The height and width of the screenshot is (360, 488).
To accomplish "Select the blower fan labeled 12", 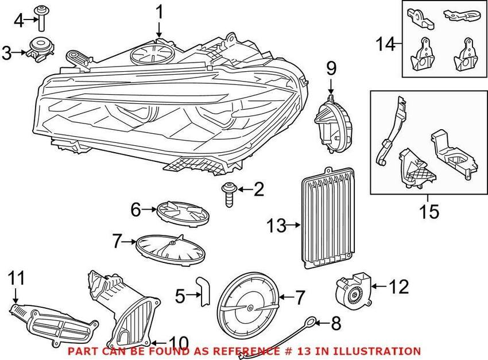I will pos(353,289).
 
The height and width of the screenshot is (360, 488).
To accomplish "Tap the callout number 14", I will pos(385,44).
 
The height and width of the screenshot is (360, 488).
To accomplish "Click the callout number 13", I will pos(276,225).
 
